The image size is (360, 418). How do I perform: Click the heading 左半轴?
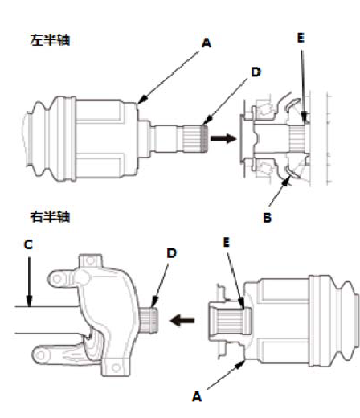point(50,40)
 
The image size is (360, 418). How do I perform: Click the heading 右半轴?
point(50,216)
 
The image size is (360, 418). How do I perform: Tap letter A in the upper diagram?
point(207,43)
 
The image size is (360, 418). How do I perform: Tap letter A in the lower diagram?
point(197,396)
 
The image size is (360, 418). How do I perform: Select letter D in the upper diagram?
point(256,72)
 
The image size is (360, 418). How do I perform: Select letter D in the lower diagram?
point(172,253)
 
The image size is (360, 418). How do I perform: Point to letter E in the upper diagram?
point(301,38)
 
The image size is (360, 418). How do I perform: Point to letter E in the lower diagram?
point(227,242)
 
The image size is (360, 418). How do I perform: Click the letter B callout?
point(267,217)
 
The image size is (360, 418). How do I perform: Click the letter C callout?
point(28,244)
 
